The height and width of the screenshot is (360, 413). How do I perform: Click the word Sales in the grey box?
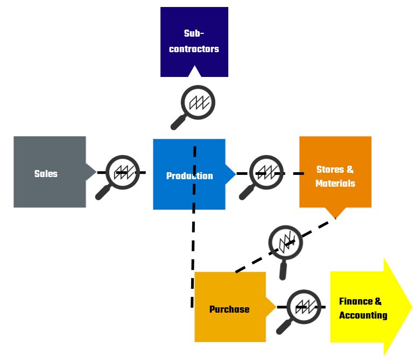[x=46, y=174]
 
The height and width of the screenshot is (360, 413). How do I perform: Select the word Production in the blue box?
[x=189, y=176]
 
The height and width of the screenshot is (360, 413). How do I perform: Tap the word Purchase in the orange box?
[x=229, y=309]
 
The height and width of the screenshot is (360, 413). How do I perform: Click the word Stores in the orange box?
[x=330, y=170]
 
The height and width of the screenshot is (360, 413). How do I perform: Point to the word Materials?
[x=335, y=183]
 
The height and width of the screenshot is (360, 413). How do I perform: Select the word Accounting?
[x=363, y=315]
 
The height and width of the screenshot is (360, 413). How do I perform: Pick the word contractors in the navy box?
[x=194, y=49]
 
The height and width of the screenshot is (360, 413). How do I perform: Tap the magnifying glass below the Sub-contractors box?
[x=197, y=103]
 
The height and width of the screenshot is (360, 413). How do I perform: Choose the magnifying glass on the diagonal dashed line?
[x=285, y=243]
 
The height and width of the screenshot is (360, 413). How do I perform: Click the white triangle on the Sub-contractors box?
[x=194, y=72]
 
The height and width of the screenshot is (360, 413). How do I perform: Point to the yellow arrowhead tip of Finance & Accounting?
[x=410, y=307]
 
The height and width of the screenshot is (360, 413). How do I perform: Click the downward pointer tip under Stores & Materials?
[x=335, y=217]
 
